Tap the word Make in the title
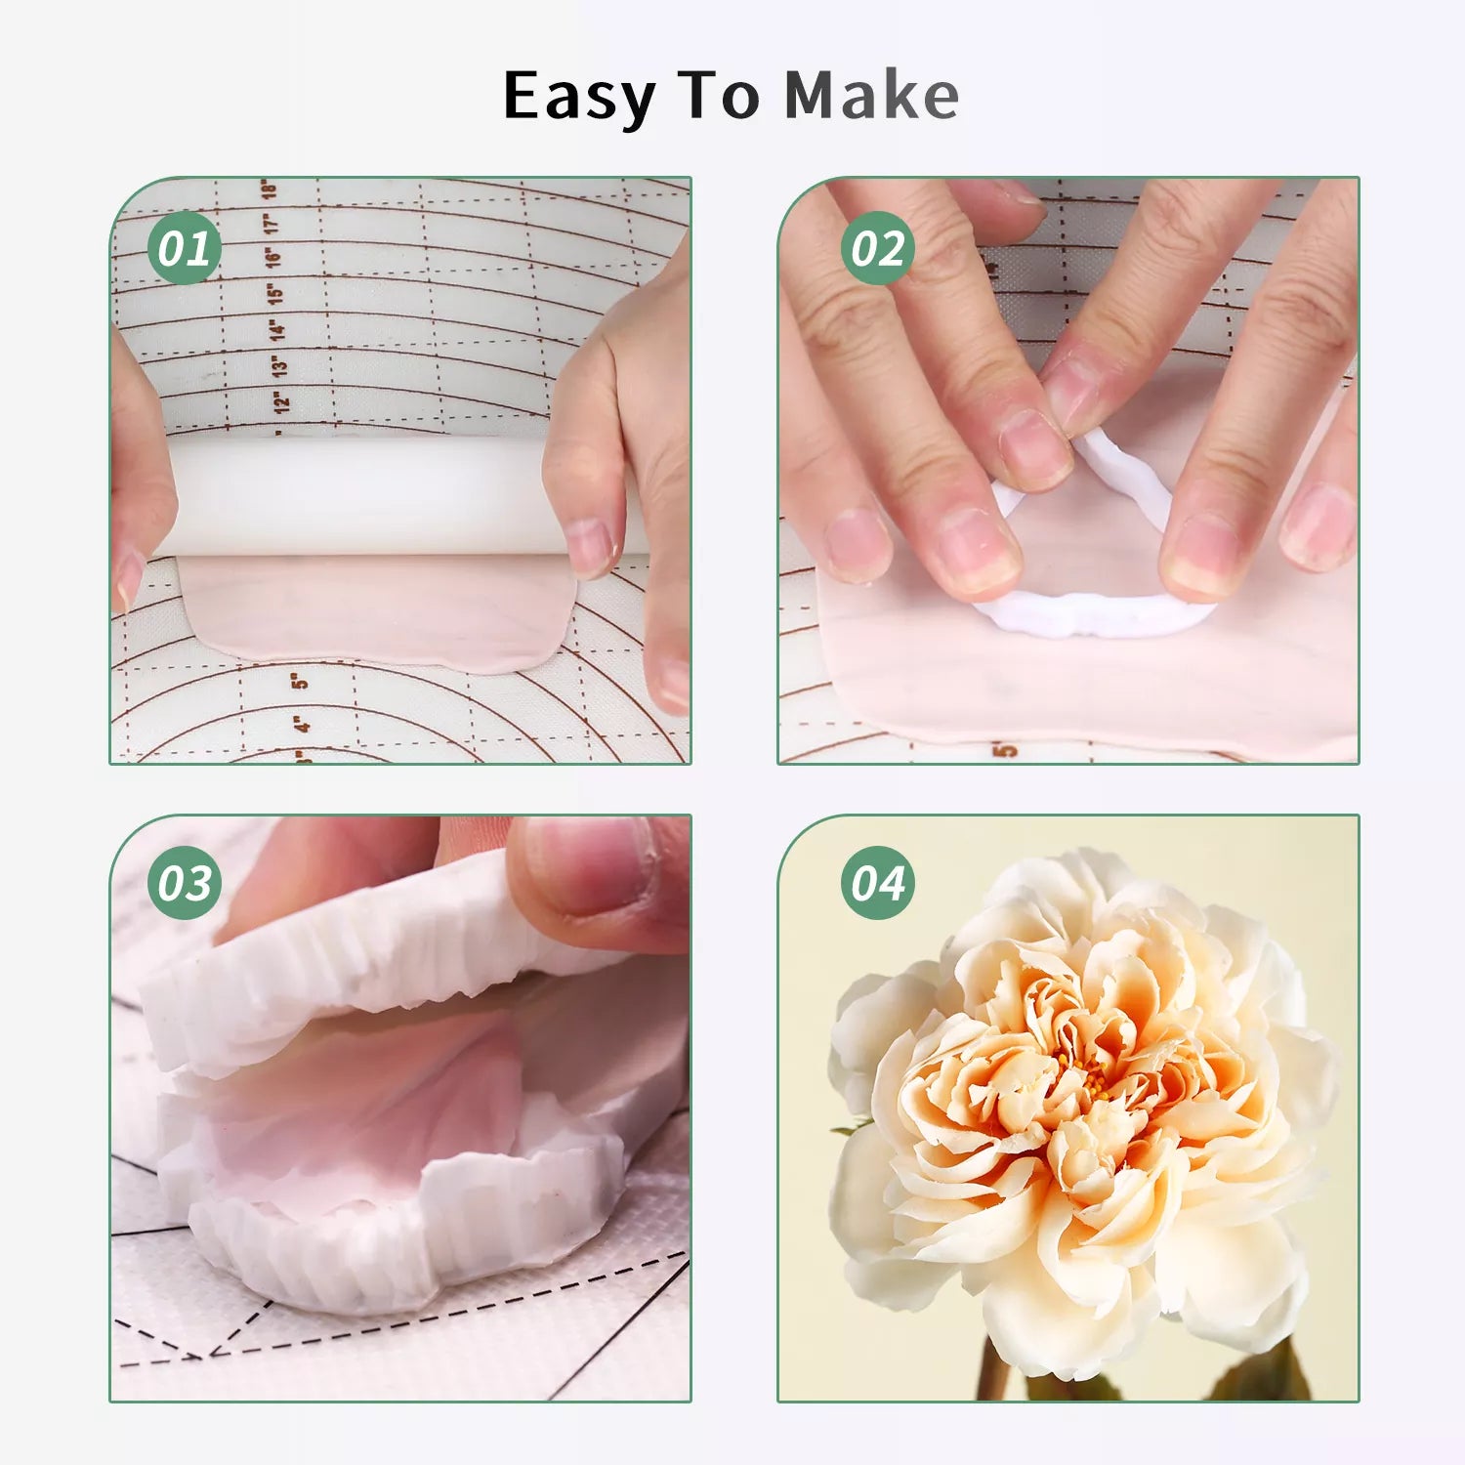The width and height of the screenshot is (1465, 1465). coord(871,96)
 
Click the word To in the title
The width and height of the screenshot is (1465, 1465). coord(719,96)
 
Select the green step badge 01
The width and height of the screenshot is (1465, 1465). coord(184,248)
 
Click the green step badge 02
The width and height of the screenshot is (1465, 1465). coord(877,248)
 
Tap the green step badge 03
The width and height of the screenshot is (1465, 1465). coord(184,883)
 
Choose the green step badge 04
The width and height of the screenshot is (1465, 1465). coord(877,883)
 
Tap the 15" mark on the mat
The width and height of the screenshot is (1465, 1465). coord(275,293)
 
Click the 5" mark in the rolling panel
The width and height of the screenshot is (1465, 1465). coord(300,679)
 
